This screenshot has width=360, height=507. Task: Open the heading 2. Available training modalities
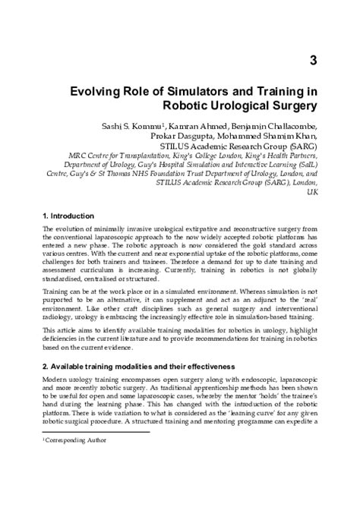pos(128,366)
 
